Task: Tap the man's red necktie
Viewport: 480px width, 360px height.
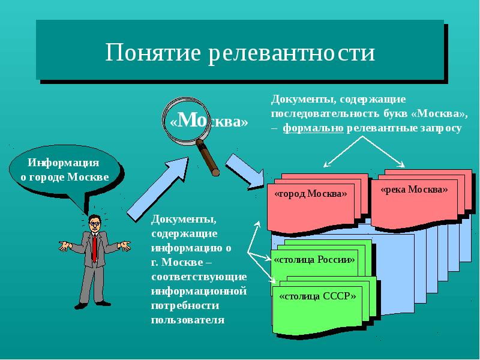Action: point(94,246)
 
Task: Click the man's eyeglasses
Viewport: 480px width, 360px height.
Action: point(94,224)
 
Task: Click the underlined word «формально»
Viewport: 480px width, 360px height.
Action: point(313,128)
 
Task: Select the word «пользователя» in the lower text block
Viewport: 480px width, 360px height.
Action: point(188,320)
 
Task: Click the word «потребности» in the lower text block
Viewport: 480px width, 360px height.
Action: point(182,305)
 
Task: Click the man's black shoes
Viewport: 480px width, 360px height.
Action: point(90,305)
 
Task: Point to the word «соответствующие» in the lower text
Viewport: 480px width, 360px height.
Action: point(199,277)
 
